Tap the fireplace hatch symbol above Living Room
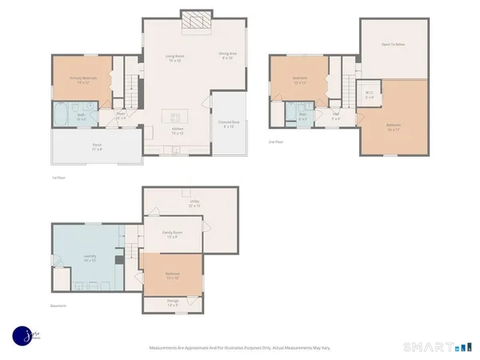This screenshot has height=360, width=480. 193,23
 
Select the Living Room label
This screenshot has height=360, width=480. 174,58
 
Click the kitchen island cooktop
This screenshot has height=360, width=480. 177,114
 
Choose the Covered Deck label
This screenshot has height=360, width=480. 228,123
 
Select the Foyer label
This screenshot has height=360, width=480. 121,115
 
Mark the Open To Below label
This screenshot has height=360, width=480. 393,45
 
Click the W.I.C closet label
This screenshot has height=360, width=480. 370,94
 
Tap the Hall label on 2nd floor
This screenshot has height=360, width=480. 338,116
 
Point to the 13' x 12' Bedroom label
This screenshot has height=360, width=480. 301,80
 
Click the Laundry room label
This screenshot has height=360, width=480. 90,257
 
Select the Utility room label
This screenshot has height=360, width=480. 194,203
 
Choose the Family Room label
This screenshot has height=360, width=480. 171,234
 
